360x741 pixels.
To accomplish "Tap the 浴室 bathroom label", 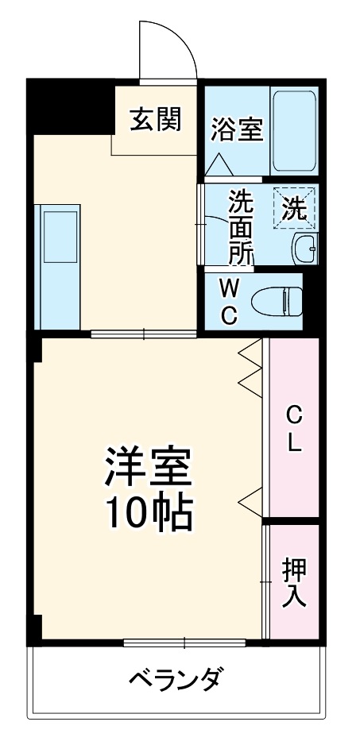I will (237, 129).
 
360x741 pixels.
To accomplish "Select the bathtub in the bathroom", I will (294, 131).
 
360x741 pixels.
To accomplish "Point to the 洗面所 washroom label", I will (241, 226).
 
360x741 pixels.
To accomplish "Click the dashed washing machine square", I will (295, 209).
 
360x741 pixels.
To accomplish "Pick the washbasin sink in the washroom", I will (304, 249).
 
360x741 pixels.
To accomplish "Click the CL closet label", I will (294, 429).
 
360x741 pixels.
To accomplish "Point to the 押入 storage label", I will (294, 581).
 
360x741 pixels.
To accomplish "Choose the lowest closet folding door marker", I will (250, 500).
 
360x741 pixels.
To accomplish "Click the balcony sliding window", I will (184, 642).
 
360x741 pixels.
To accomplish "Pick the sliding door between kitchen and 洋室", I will (144, 333).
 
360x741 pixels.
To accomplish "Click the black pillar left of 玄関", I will (69, 106).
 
